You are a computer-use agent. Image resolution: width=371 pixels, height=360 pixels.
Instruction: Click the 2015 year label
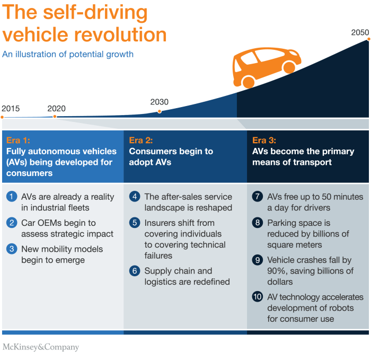click(11, 109)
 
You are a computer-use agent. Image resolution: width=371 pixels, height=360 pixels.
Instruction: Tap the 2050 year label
click(360, 33)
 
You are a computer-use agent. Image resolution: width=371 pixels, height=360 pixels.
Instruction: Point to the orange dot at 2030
click(160, 111)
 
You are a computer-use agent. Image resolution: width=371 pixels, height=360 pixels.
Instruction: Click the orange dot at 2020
click(55, 116)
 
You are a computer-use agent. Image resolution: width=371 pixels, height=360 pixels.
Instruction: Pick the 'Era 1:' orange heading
click(19, 141)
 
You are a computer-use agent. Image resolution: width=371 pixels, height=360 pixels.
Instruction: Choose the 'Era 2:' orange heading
click(142, 141)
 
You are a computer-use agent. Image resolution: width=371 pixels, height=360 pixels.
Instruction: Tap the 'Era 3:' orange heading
click(264, 141)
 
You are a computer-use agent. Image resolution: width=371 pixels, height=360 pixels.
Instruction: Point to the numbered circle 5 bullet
click(135, 223)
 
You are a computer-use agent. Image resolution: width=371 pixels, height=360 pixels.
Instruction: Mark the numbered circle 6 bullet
click(135, 271)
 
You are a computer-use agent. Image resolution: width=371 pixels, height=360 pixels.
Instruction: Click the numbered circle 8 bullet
click(258, 223)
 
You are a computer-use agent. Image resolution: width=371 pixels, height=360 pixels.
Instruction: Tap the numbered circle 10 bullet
click(258, 297)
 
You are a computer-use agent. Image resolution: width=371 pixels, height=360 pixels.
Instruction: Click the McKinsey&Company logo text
click(41, 347)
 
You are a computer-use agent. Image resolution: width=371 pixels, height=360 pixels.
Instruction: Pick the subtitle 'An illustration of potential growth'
click(68, 54)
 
